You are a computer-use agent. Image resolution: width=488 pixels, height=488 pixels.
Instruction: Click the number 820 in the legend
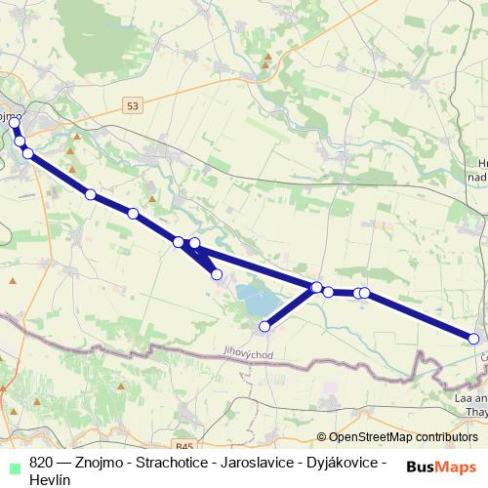pos(42,462)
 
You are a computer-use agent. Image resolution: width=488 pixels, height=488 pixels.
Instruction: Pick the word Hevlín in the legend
pos(51,478)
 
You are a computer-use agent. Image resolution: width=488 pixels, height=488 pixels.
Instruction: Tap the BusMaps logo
pos(441,466)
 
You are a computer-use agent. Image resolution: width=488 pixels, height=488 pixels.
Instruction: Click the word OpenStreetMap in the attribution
pos(375,437)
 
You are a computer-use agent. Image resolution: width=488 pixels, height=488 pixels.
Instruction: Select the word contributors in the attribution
pos(448,437)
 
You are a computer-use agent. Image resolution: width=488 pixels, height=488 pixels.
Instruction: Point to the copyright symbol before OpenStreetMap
pos(321,437)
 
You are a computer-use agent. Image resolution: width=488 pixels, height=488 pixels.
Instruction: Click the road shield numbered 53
pos(134,104)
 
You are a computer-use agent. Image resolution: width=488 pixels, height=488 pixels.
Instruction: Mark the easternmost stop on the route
pos(474,339)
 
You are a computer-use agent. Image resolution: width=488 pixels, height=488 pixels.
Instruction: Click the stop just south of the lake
pos(264,326)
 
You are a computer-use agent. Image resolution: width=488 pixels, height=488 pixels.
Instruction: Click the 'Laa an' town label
pos(470,398)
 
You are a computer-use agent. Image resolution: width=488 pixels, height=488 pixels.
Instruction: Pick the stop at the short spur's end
pos(217,274)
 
